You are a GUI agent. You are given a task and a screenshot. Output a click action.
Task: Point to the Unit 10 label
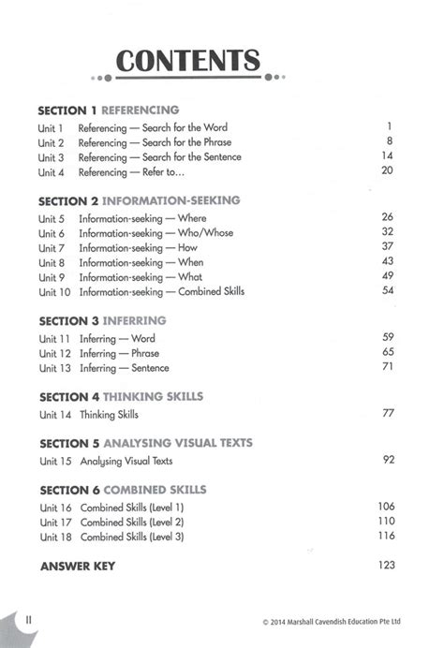(53, 292)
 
